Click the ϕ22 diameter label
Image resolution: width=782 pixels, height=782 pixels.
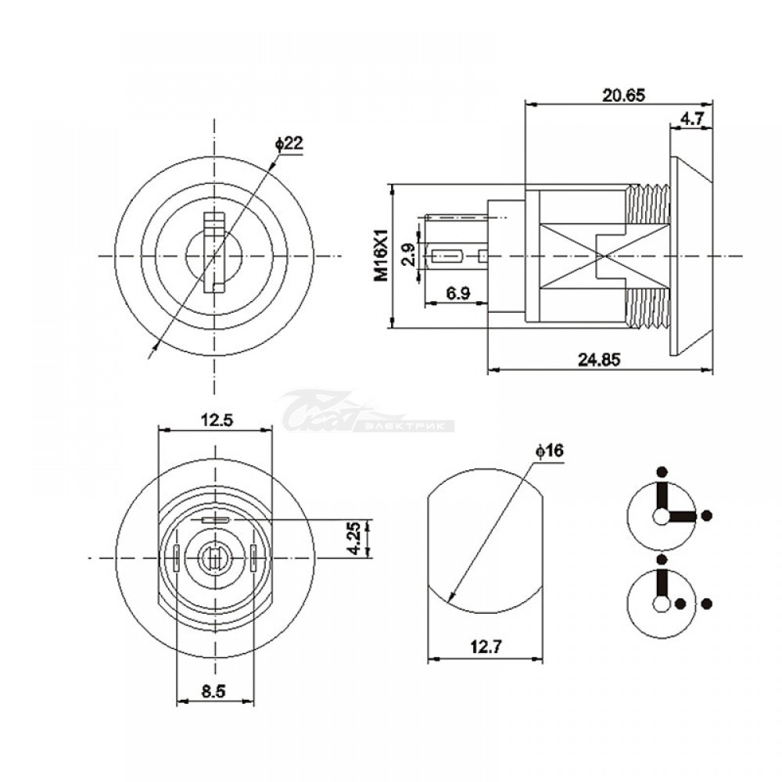point(289,144)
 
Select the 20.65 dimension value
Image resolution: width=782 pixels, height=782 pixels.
point(623,95)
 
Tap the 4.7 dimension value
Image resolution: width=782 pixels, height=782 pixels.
point(692,119)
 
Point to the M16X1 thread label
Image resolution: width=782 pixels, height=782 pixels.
point(382,256)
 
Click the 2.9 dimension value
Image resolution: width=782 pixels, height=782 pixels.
point(407,255)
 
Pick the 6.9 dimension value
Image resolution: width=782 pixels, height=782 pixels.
point(457,292)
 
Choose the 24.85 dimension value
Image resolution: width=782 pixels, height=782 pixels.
point(599,359)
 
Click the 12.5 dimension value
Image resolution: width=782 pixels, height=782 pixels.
point(217,420)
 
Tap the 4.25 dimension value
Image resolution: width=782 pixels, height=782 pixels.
point(355,538)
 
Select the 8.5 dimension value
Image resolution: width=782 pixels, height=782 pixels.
point(213,691)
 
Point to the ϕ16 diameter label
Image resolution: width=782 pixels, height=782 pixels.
point(549,451)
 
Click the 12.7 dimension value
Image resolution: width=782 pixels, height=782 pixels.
point(486,647)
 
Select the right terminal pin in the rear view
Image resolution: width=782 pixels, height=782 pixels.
point(253,558)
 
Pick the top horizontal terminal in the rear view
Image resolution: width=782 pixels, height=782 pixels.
point(215,520)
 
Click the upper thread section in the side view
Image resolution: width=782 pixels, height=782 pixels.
point(647,204)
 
